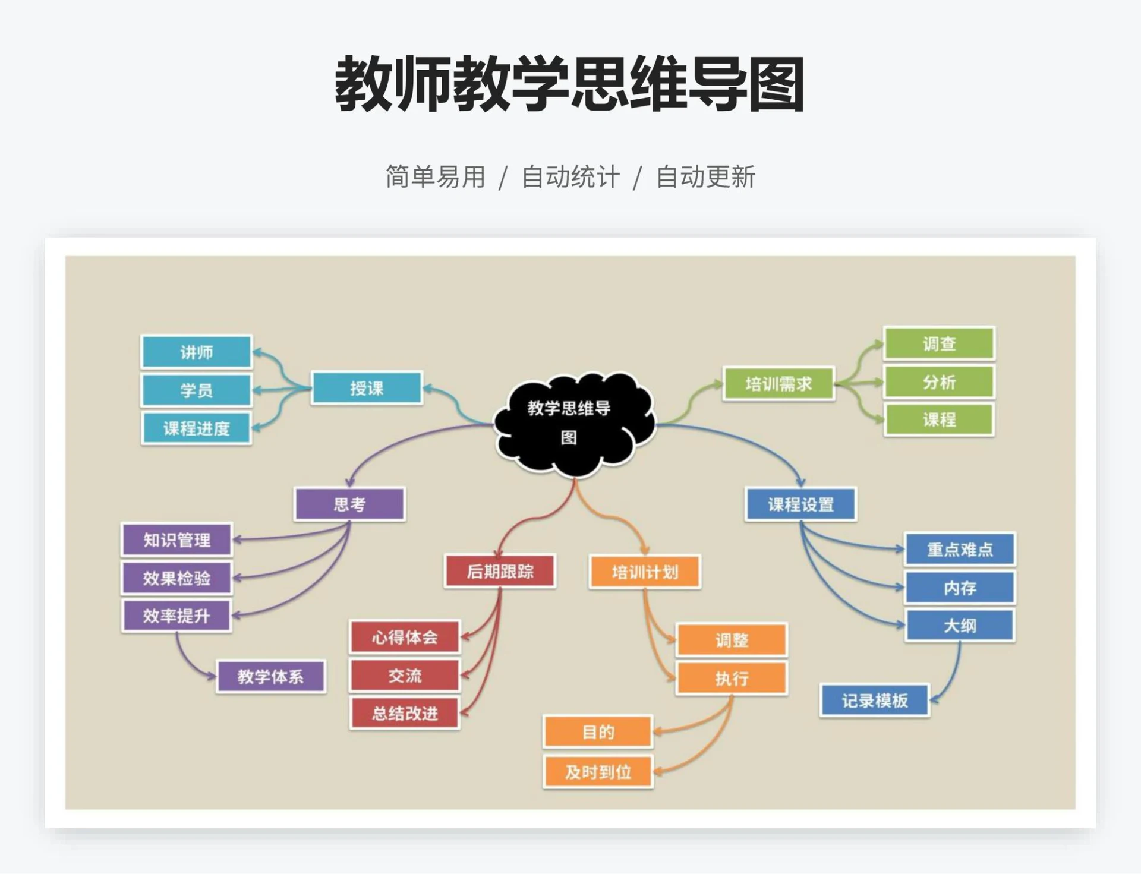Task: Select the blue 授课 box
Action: tap(367, 389)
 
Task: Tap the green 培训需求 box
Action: tap(778, 384)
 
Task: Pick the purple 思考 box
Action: tap(349, 504)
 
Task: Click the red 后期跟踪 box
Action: tap(500, 572)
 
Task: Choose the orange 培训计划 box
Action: tap(645, 572)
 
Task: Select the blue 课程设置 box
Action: tap(800, 504)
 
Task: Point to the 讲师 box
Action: tap(197, 352)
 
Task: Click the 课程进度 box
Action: tap(197, 428)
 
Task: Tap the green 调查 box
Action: tap(939, 343)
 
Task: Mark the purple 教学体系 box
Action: tap(270, 677)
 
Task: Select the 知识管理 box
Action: tap(176, 540)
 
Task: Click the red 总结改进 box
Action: tap(405, 713)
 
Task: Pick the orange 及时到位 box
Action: tap(598, 772)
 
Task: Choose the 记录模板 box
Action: tap(875, 701)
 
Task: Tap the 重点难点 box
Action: tap(960, 550)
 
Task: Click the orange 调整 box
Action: tap(732, 640)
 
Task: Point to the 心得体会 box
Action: tap(405, 638)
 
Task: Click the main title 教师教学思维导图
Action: tap(570, 84)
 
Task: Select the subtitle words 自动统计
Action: tap(570, 177)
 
